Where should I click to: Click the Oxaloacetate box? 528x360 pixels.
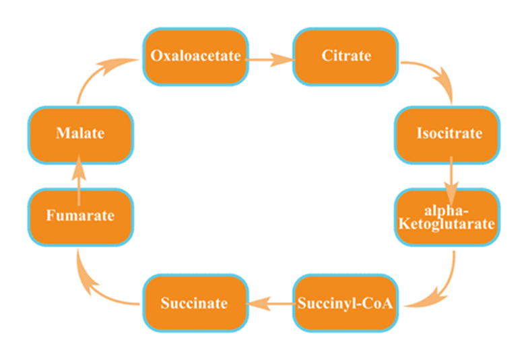pyautogui.click(x=195, y=57)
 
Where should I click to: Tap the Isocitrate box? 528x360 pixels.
pyautogui.click(x=449, y=134)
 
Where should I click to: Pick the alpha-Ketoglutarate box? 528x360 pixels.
pyautogui.click(x=449, y=217)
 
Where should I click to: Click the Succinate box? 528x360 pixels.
pyautogui.click(x=194, y=303)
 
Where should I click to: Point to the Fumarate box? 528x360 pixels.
pyautogui.click(x=79, y=217)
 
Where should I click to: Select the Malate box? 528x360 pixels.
pyautogui.click(x=79, y=134)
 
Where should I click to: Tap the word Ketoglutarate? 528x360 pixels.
pyautogui.click(x=449, y=223)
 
